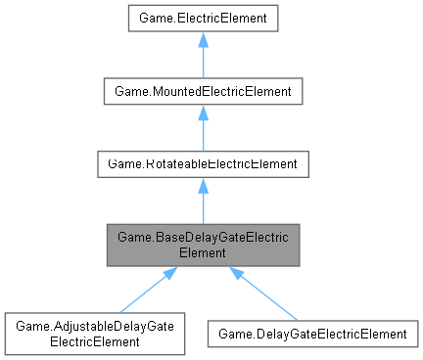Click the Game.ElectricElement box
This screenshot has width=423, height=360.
[x=202, y=17]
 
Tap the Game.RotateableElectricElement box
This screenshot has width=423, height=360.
[x=202, y=163]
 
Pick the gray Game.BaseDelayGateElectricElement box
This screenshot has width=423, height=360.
[x=202, y=245]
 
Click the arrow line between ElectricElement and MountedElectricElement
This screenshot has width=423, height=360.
[x=202, y=60]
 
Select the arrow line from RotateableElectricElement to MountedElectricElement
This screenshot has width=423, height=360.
[x=202, y=133]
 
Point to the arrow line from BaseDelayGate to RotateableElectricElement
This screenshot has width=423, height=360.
[x=202, y=206]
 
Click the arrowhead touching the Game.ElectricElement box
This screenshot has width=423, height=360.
[x=202, y=39]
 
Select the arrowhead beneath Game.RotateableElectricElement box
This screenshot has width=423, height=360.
[x=202, y=186]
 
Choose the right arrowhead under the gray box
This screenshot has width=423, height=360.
[x=236, y=274]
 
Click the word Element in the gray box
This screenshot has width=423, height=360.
[x=202, y=251]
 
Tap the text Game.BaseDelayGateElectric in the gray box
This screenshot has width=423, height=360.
[x=202, y=237]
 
